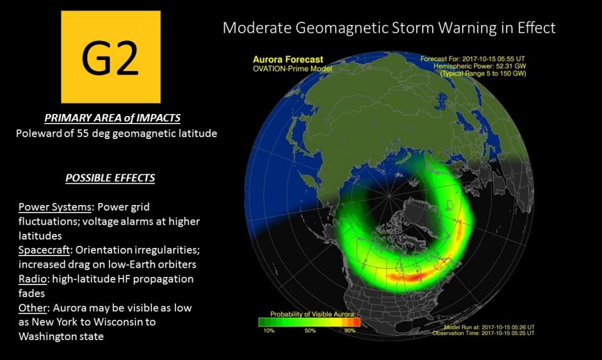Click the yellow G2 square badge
(111, 57)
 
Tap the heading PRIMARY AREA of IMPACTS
(112, 118)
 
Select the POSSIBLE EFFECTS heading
(110, 178)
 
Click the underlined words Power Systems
(55, 207)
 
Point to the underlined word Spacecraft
(44, 250)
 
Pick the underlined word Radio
(33, 279)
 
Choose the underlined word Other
(33, 307)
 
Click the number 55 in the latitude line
(83, 133)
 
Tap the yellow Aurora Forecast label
(288, 60)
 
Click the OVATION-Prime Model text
(292, 69)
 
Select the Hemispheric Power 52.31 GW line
(480, 66)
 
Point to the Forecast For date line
(473, 59)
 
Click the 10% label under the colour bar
(269, 331)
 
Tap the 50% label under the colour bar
(310, 331)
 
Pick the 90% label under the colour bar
(350, 331)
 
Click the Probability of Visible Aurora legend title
(312, 314)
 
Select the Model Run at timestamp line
(489, 327)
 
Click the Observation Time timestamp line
(484, 333)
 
